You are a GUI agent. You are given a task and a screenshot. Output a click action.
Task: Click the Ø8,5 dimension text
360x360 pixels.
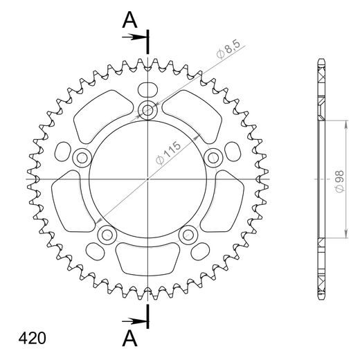tap(228, 53)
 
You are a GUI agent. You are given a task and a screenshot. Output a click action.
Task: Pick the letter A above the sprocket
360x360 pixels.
tap(128, 21)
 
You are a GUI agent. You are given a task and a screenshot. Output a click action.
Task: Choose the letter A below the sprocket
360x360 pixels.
tap(128, 338)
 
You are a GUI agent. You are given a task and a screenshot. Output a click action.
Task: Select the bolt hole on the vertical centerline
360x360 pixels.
tap(148, 109)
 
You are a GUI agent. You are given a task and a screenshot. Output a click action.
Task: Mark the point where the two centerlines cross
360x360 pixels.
tap(148, 179)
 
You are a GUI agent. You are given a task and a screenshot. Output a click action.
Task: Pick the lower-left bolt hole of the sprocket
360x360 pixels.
tap(107, 235)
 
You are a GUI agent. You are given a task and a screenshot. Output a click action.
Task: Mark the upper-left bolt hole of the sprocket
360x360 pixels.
tap(82, 157)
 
